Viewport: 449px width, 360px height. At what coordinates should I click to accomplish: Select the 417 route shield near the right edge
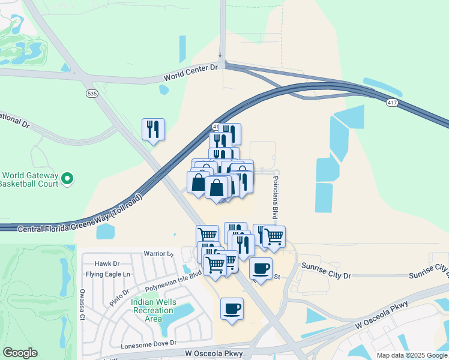tap(391, 103)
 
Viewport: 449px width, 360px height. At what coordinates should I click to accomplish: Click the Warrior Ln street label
tap(158, 254)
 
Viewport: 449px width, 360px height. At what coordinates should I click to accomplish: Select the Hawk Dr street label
tap(108, 263)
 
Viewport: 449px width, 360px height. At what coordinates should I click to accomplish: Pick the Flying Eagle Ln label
tap(108, 274)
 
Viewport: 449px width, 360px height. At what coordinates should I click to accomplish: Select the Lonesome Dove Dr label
tap(148, 344)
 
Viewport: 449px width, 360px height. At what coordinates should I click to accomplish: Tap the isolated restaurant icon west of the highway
tap(153, 129)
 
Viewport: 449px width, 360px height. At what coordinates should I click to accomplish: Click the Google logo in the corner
tap(20, 353)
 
